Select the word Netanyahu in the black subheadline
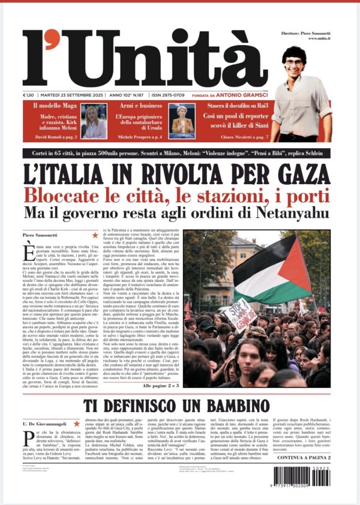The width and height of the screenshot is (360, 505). (290, 213)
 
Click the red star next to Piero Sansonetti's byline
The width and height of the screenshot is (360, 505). (95, 235)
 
